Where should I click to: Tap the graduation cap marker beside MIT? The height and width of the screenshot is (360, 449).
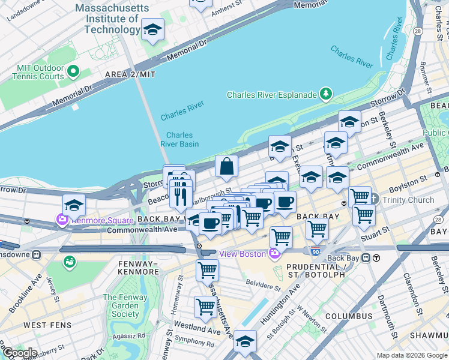pyautogui.click(x=153, y=29)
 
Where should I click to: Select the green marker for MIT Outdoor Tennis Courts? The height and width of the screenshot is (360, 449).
pyautogui.click(x=73, y=72)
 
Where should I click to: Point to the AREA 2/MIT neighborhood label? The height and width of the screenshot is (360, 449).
pyautogui.click(x=130, y=74)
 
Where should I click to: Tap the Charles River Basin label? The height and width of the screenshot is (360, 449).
pyautogui.click(x=179, y=139)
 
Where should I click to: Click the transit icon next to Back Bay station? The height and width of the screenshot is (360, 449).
pyautogui.click(x=376, y=258)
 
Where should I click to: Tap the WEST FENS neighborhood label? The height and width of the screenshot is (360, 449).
pyautogui.click(x=47, y=325)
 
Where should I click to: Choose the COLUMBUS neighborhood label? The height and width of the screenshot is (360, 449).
pyautogui.click(x=349, y=316)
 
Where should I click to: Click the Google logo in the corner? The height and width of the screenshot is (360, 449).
pyautogui.click(x=19, y=353)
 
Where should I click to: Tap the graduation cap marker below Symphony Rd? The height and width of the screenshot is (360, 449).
pyautogui.click(x=245, y=341)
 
